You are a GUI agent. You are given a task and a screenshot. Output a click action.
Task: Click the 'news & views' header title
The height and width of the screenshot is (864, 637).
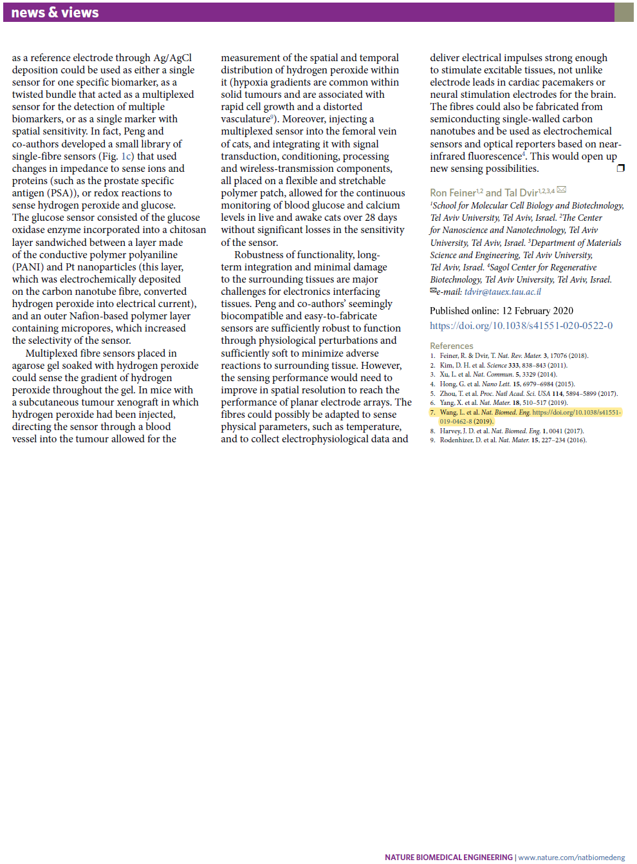(55, 13)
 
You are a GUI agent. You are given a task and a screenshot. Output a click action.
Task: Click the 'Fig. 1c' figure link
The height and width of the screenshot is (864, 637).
(127, 156)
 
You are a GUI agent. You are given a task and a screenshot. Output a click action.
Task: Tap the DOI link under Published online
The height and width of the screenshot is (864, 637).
(521, 326)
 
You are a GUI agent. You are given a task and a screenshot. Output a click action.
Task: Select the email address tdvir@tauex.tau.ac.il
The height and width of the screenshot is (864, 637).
(503, 292)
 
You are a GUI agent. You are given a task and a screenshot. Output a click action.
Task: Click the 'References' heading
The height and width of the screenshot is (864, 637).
(451, 346)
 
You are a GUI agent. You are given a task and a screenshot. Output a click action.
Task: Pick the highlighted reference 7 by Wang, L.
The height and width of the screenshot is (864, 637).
(526, 417)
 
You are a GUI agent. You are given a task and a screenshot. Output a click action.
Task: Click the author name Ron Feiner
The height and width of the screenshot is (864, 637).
(452, 193)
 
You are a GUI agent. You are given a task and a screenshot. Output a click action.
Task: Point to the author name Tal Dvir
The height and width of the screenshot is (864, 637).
(521, 193)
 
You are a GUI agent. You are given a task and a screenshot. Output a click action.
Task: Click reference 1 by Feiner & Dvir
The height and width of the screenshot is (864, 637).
(509, 355)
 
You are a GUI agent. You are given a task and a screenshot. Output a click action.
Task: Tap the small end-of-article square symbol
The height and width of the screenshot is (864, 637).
(620, 168)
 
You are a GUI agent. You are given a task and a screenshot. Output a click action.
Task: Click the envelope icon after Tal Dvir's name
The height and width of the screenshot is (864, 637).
(562, 190)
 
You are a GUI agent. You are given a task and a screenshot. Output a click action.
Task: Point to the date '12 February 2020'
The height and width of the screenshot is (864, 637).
(537, 311)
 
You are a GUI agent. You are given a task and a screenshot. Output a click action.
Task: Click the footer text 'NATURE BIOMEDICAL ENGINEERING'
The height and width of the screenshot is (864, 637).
(448, 857)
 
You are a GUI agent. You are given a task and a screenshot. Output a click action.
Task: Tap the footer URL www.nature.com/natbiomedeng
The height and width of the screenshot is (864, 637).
(571, 857)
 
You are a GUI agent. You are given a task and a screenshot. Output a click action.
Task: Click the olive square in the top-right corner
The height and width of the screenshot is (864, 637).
(623, 12)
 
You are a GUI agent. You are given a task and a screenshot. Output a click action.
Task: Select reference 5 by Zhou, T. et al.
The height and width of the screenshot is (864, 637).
(524, 393)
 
